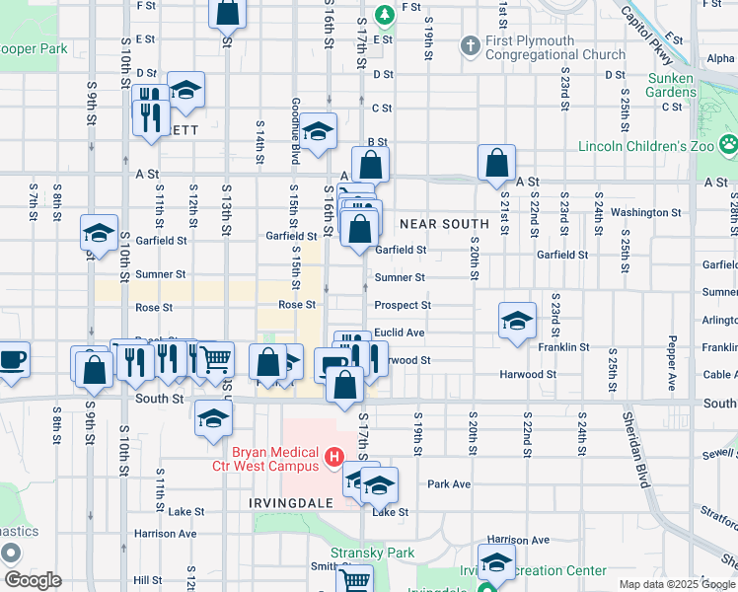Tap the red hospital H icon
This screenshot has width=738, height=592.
pos(333,458)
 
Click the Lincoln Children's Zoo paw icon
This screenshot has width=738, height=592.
pos(728,144)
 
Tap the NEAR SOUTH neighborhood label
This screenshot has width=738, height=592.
pos(445,224)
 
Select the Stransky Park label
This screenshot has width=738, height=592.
pos(373,553)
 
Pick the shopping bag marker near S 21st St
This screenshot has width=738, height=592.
pos(497,162)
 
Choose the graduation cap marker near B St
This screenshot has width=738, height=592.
pos(318,131)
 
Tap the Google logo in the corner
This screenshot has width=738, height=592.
pos(34,580)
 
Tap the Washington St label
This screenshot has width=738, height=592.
pos(646,212)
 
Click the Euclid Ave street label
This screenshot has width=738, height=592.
pos(400,333)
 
